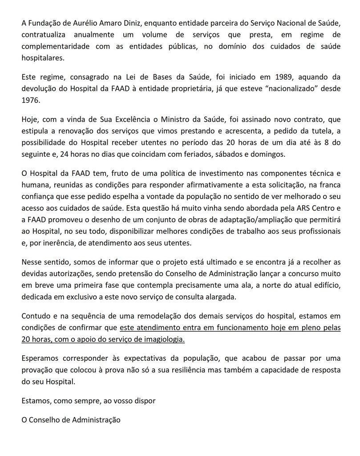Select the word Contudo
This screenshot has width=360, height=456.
click(x=35, y=317)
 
